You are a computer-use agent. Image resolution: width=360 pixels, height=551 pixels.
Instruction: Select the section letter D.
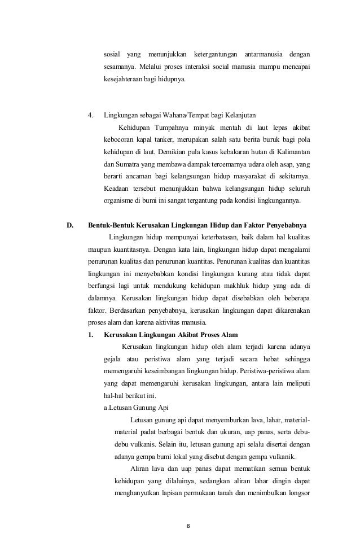click(x=70, y=226)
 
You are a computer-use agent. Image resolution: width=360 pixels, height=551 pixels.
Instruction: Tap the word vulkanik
click(x=289, y=457)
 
